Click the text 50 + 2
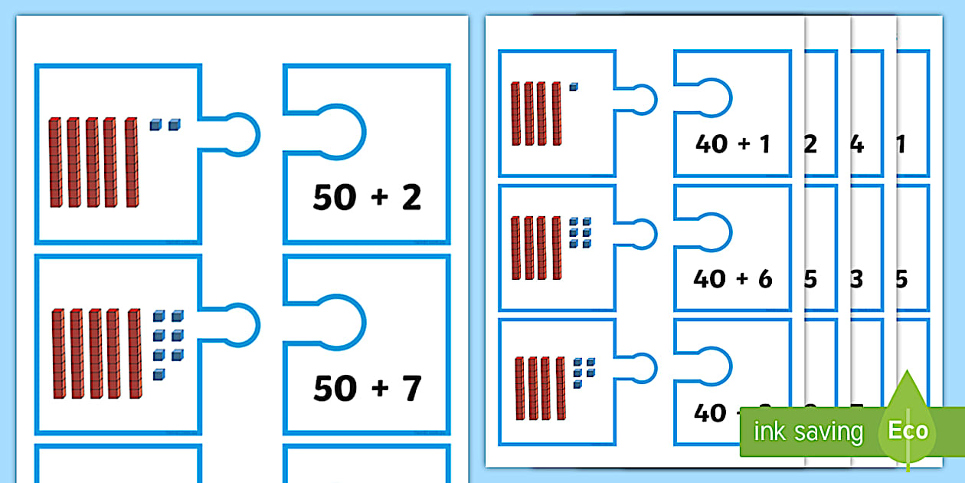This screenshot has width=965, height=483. click(367, 199)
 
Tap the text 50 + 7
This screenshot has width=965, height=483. click(367, 389)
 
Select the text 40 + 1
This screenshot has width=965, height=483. click(732, 143)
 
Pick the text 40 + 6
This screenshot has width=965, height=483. click(732, 278)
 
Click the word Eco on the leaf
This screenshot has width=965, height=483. click(908, 431)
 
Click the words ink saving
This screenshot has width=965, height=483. click(807, 432)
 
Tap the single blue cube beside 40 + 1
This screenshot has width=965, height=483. click(574, 87)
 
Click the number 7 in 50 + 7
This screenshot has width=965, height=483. click(412, 389)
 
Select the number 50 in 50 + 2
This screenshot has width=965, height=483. click(334, 199)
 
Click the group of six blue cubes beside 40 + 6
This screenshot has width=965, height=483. click(581, 232)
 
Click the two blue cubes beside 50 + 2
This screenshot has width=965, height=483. click(165, 124)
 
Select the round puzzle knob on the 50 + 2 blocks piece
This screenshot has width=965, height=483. click(242, 131)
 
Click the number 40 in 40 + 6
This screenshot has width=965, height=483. click(709, 278)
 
